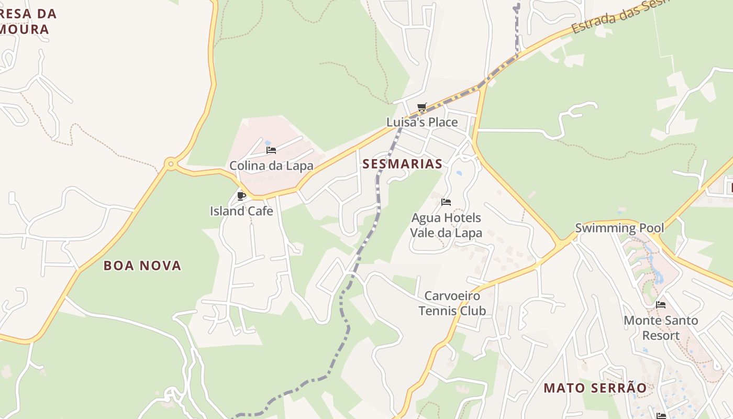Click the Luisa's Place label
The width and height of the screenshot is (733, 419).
pyautogui.click(x=422, y=122)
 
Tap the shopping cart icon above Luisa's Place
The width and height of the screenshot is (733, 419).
pyautogui.click(x=422, y=107)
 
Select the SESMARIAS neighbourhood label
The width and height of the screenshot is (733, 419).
pyautogui.click(x=403, y=164)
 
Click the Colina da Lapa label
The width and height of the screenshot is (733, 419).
pyautogui.click(x=271, y=166)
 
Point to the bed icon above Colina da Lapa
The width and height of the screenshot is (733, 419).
pyautogui.click(x=271, y=150)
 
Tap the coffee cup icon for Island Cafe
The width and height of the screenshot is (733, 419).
pyautogui.click(x=241, y=196)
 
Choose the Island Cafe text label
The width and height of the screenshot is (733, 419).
pyautogui.click(x=241, y=211)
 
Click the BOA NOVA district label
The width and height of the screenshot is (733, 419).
pyautogui.click(x=142, y=266)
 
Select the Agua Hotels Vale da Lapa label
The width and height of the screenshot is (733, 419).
pyautogui.click(x=446, y=225)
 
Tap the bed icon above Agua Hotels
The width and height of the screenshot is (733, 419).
pyautogui.click(x=446, y=202)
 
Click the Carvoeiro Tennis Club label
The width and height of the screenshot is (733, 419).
pyautogui.click(x=452, y=303)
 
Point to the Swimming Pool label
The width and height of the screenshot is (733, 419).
pyautogui.click(x=619, y=228)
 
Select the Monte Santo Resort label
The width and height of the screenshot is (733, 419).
pyautogui.click(x=661, y=328)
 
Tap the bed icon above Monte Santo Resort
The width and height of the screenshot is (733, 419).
pyautogui.click(x=661, y=305)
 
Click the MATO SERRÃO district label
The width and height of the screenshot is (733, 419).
pyautogui.click(x=595, y=388)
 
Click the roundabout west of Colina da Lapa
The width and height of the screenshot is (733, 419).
pyautogui.click(x=170, y=164)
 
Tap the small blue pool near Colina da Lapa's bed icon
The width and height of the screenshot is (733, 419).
pyautogui.click(x=268, y=142)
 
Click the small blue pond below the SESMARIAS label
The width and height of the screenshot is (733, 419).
pyautogui.click(x=459, y=173)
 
